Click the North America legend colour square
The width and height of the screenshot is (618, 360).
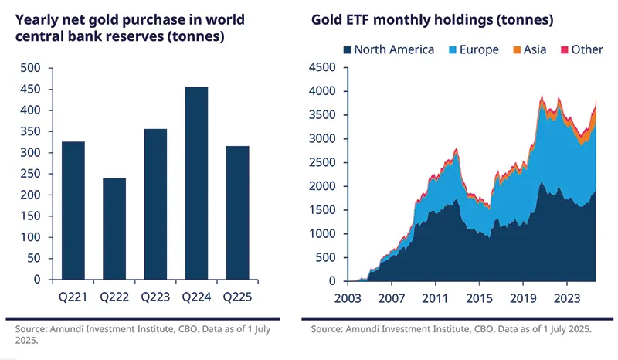348,50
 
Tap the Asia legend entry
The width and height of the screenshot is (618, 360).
529,50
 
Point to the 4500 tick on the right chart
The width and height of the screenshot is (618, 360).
319,67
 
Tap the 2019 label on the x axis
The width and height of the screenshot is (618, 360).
523,296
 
